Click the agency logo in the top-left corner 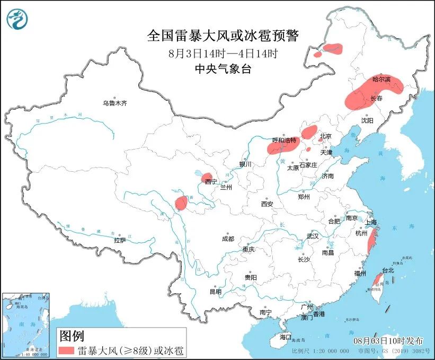[x=17, y=20]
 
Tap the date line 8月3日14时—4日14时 [x=223, y=54]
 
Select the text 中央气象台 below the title [x=223, y=69]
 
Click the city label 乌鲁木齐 [x=115, y=103]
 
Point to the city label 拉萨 [x=120, y=240]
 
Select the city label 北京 [x=325, y=136]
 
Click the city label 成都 [x=228, y=239]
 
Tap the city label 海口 [x=286, y=337]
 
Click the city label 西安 [x=267, y=204]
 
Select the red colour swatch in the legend [x=66, y=350]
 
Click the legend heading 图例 [x=71, y=335]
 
